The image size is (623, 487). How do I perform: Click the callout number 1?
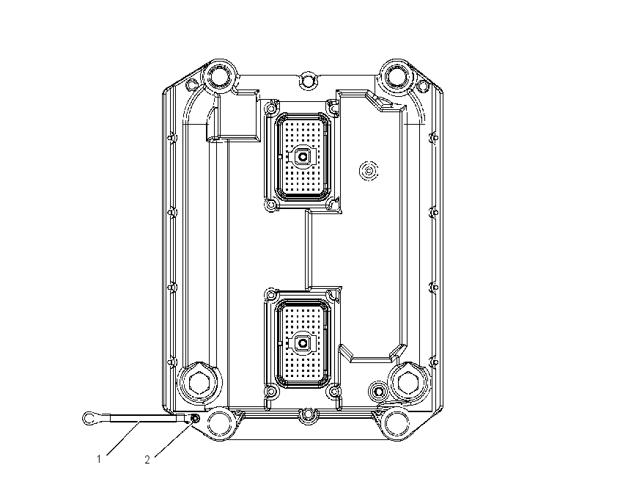tap(99, 459)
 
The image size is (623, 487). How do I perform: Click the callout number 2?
tap(147, 460)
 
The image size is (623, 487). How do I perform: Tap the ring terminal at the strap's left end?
tap(89, 418)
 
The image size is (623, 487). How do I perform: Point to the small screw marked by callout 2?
tap(195, 418)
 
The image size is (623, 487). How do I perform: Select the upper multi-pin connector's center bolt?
tap(303, 157)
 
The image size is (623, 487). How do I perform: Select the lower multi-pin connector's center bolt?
tap(303, 343)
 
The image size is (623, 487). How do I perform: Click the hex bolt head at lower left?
tap(198, 384)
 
